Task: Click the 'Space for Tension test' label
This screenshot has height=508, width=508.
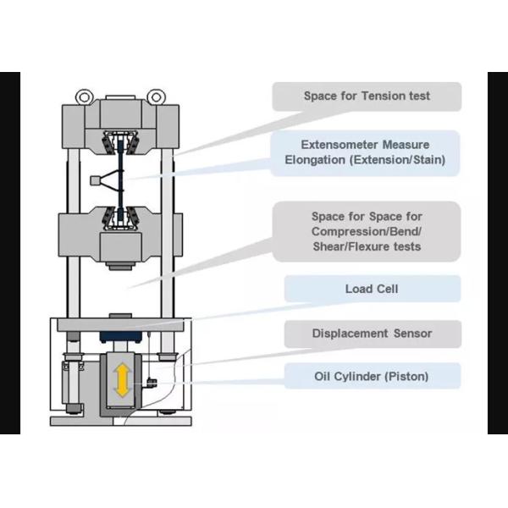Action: [366, 97]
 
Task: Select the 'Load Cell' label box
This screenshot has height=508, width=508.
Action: [371, 289]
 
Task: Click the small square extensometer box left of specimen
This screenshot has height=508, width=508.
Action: [95, 179]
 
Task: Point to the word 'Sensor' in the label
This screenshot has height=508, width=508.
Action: [412, 334]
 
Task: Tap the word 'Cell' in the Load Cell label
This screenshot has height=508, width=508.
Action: [387, 289]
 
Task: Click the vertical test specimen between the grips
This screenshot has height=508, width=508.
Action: [120, 179]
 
